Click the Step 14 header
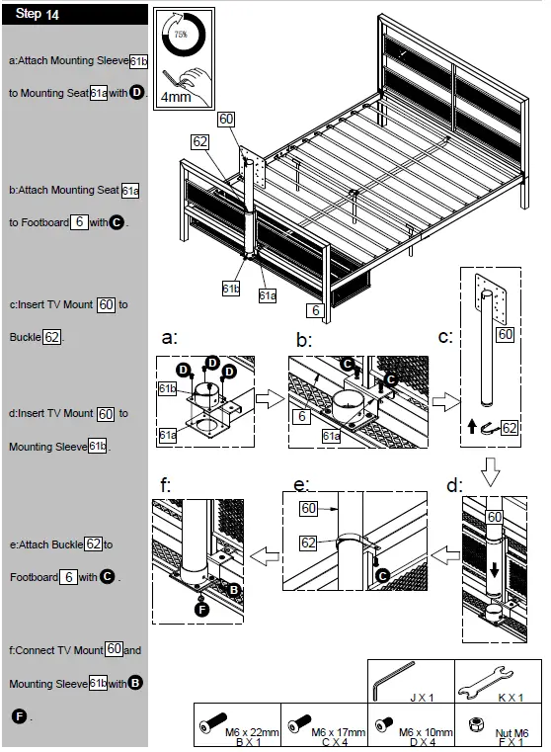39,15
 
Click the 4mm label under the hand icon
176,98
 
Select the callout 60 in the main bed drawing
227,120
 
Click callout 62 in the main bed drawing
200,142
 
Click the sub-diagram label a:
169,337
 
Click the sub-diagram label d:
453,484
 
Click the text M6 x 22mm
252,731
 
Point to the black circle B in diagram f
234,589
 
